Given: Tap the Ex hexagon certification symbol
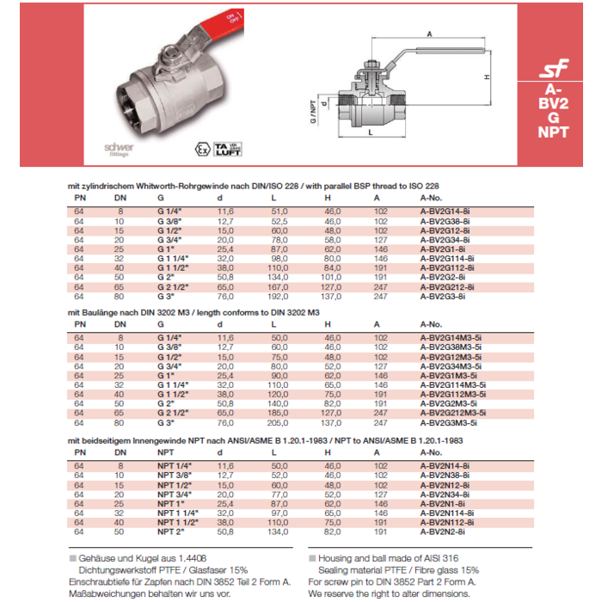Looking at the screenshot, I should coord(202,148).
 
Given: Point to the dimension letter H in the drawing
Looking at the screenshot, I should coord(486,77).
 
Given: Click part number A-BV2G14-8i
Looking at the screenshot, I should coord(442,209).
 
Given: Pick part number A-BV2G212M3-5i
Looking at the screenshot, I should coord(451,413).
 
